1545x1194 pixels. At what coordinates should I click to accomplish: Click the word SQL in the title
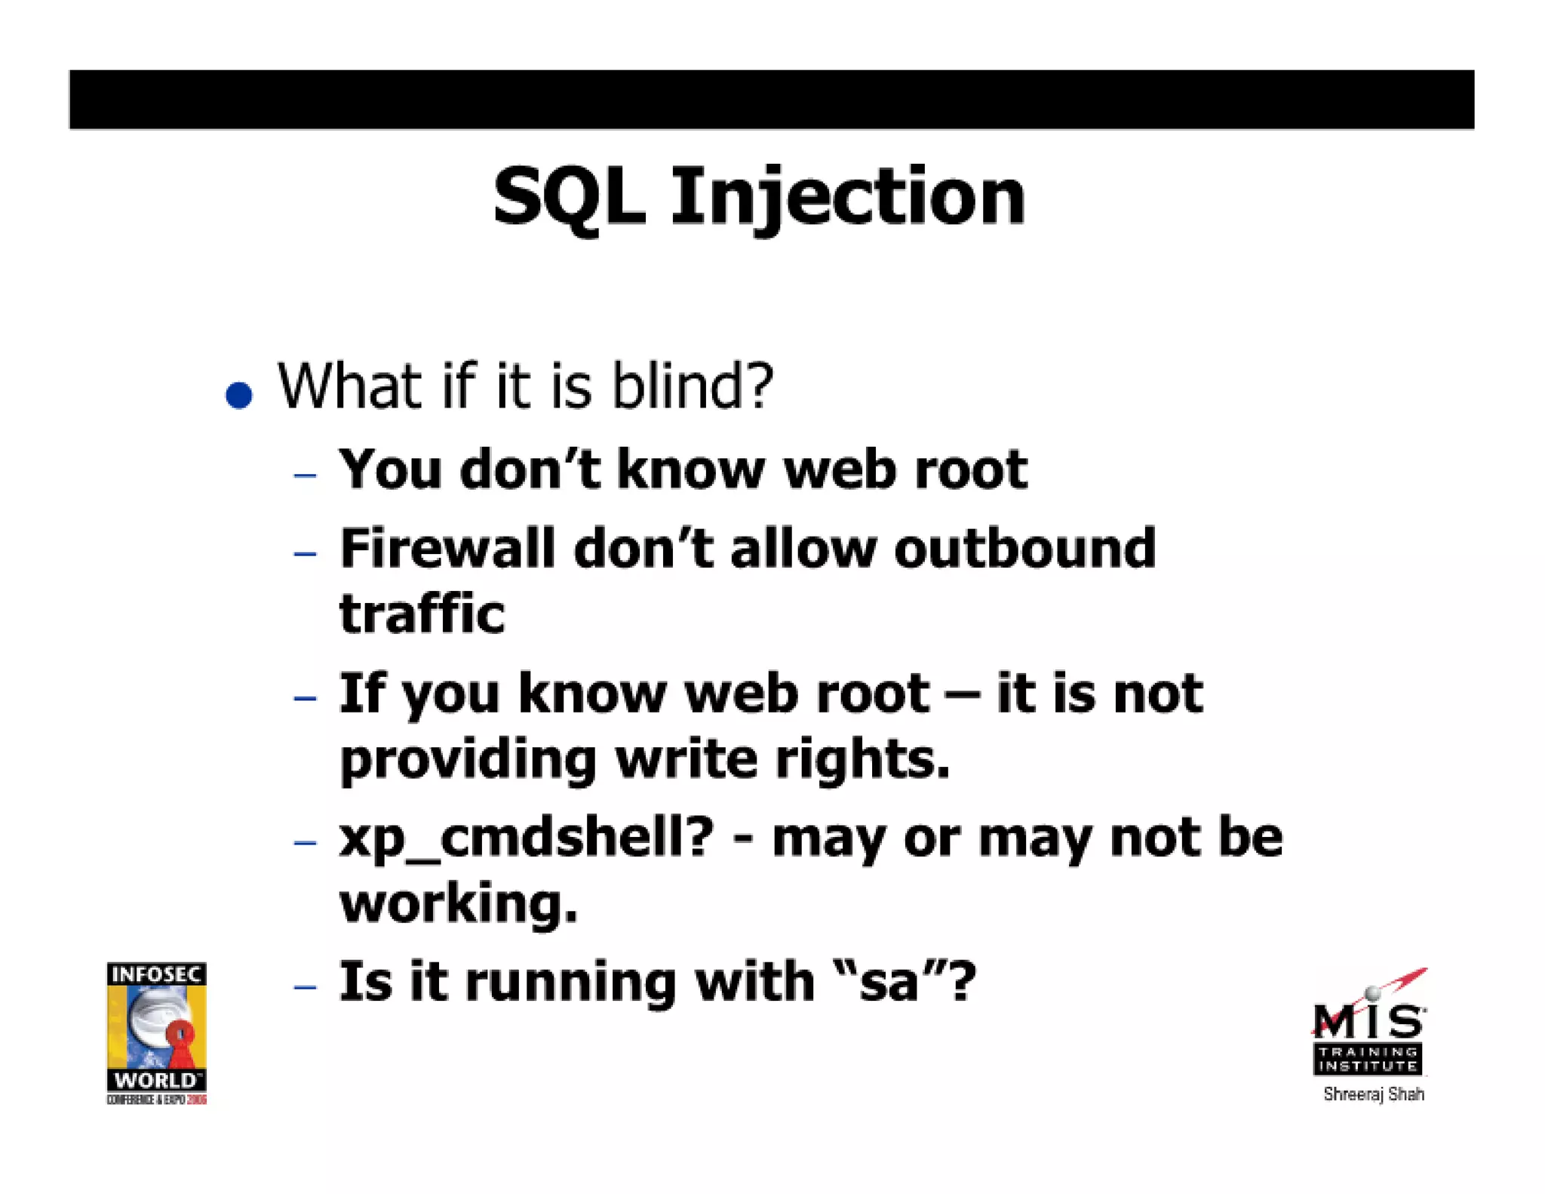[x=570, y=198]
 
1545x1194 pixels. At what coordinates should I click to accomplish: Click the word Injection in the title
[x=848, y=198]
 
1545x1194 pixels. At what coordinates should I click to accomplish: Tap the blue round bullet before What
[x=239, y=395]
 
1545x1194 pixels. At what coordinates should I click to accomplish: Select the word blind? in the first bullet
[x=693, y=386]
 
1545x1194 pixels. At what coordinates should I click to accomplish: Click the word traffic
[x=422, y=613]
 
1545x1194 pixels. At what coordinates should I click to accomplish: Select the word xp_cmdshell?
[x=526, y=839]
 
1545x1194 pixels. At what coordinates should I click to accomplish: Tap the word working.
[x=459, y=903]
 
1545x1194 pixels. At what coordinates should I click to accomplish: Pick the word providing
[x=468, y=759]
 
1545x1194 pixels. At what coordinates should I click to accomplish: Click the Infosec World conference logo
[x=156, y=1032]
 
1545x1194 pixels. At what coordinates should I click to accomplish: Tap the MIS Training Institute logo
[x=1369, y=1028]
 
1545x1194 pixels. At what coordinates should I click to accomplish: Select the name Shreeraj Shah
[x=1373, y=1094]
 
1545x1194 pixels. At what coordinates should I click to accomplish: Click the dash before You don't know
[x=305, y=475]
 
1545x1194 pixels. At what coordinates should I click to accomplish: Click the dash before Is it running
[x=305, y=986]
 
